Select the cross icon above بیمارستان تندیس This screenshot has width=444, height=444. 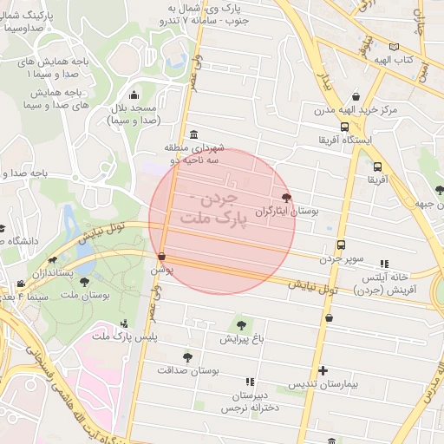tap(323, 370)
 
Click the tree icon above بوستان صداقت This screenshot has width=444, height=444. tap(187, 356)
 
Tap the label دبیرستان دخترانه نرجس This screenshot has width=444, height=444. tap(250, 400)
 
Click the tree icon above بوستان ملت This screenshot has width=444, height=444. tap(84, 282)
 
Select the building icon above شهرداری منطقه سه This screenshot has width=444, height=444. tap(192, 134)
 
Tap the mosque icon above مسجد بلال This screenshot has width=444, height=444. tap(133, 95)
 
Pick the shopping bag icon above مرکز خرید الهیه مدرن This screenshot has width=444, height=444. tap(355, 98)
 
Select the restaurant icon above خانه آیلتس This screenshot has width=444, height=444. tap(385, 263)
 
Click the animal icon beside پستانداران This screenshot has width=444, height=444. tap(53, 259)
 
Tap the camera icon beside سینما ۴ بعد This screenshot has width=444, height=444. tap(21, 284)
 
